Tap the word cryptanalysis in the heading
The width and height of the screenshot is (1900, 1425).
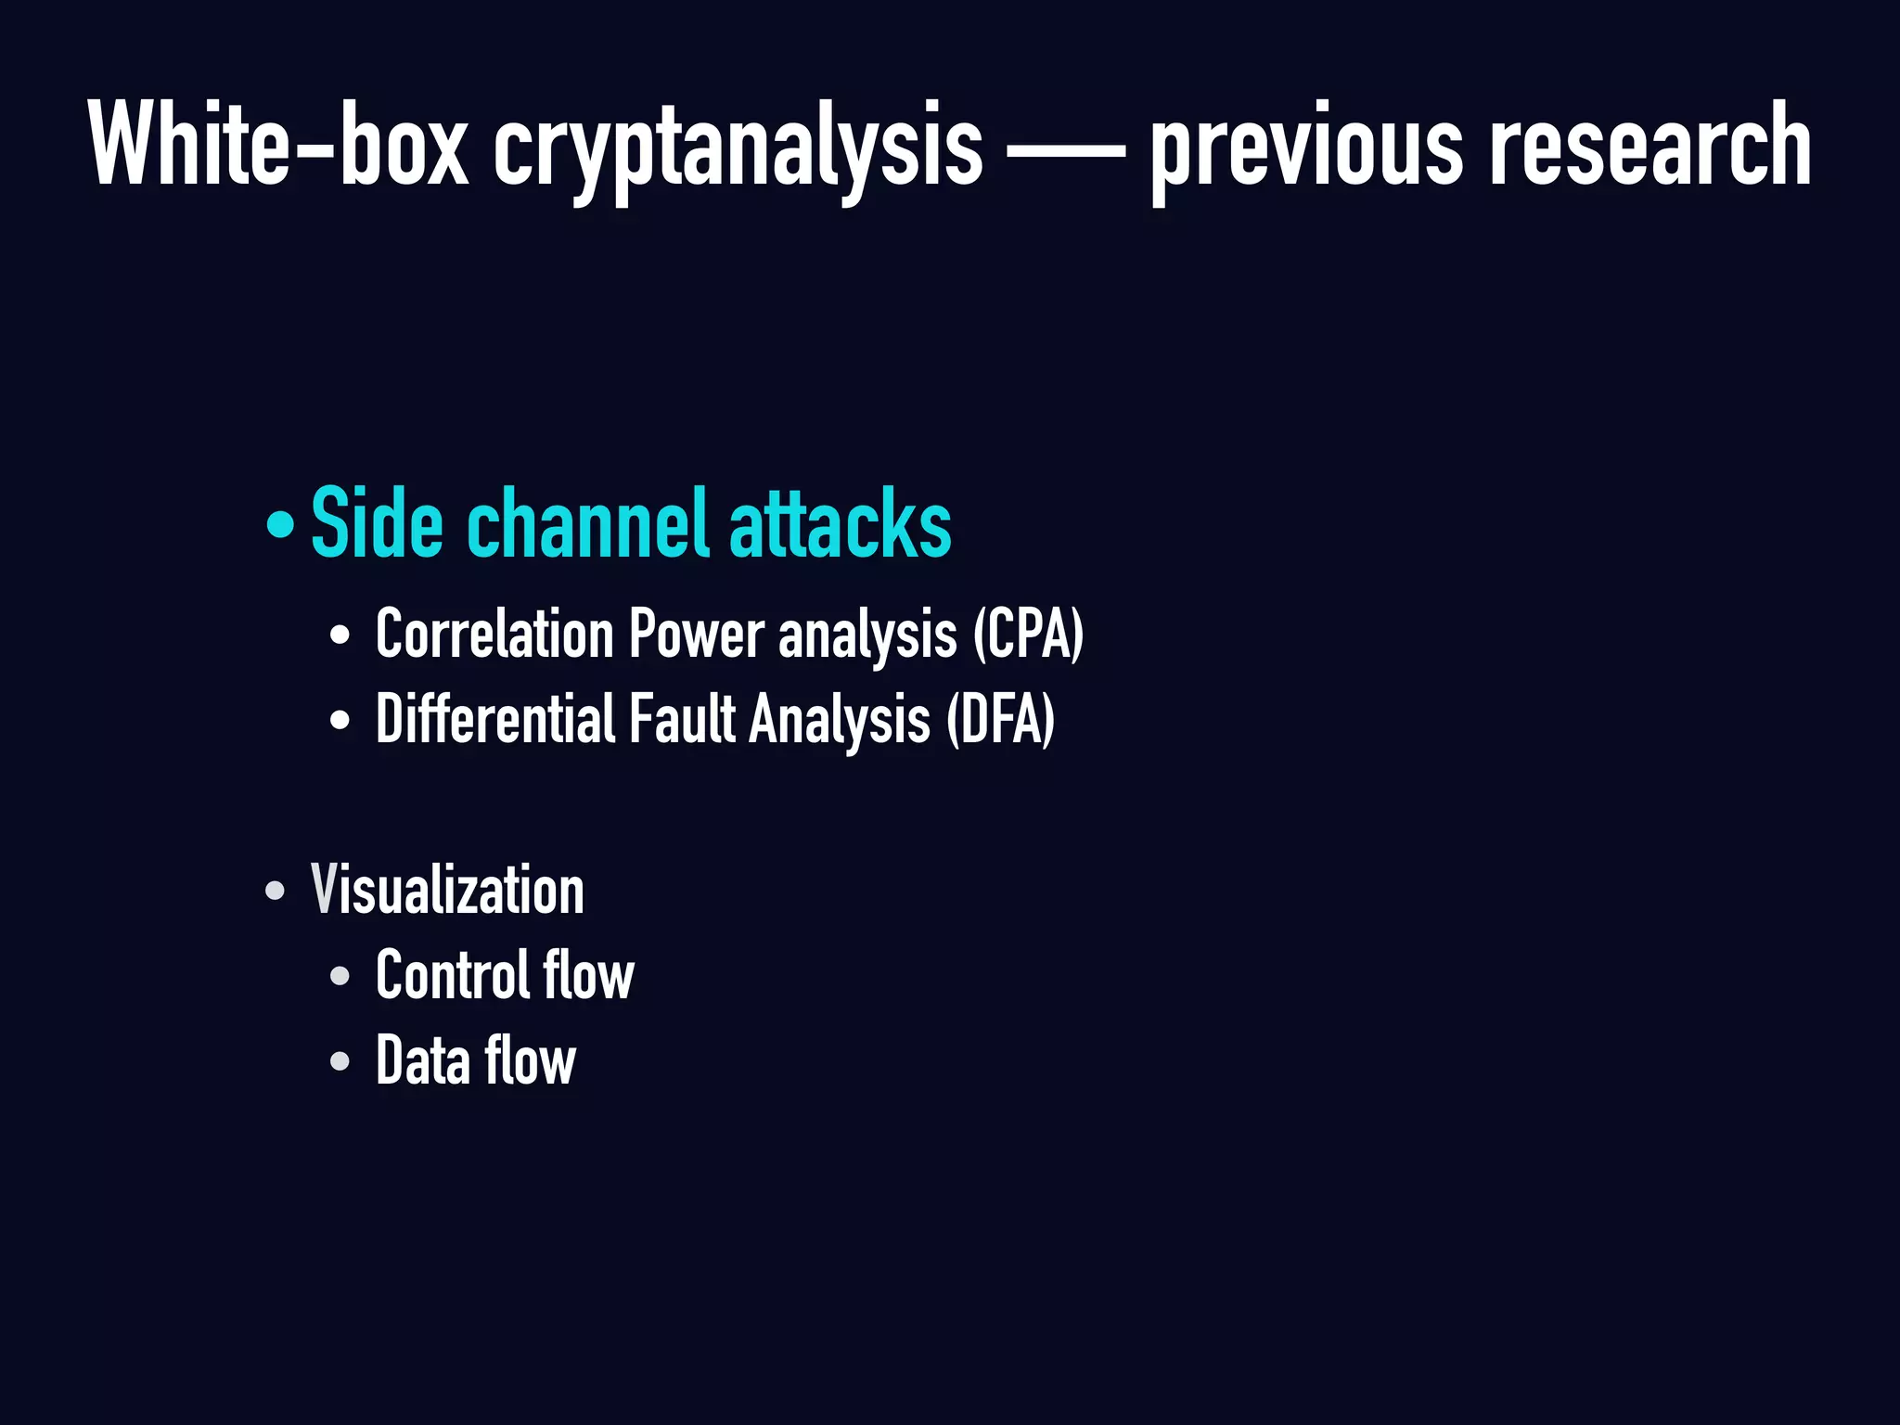pos(738,148)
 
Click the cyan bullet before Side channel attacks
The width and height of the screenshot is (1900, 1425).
pos(278,526)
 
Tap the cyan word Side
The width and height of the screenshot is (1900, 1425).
pos(377,524)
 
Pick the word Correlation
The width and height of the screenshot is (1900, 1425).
pos(494,635)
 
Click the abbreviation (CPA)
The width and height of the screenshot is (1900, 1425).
pos(1028,635)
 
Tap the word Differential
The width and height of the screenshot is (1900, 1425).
pos(496,719)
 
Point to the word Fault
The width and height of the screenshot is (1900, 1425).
pos(683,719)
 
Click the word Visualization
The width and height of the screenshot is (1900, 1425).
pos(447,890)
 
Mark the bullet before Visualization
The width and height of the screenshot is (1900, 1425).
pos(275,891)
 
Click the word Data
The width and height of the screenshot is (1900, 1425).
pos(423,1060)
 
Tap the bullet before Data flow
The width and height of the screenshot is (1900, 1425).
pos(340,1060)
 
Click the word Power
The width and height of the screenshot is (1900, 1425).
pos(697,635)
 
